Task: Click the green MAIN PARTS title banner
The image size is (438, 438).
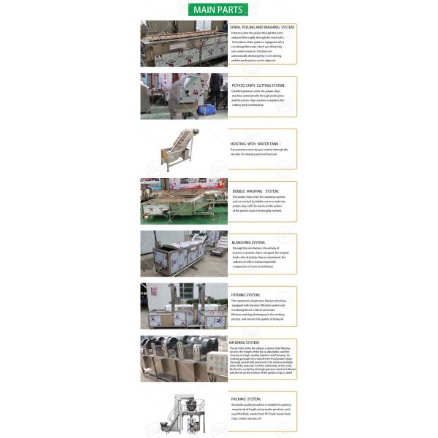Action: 218,9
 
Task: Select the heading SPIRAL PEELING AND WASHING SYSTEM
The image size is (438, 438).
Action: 262,28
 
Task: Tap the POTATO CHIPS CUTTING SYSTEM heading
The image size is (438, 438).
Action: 257,85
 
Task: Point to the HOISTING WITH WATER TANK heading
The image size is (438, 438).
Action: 254,145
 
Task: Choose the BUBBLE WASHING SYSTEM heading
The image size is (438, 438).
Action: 255,191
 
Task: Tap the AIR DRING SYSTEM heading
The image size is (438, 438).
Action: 244,342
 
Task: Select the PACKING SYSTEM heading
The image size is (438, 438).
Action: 247,399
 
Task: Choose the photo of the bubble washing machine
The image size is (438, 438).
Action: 184,200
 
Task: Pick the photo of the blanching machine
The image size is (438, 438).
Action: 184,253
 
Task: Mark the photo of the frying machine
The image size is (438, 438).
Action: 184,305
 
